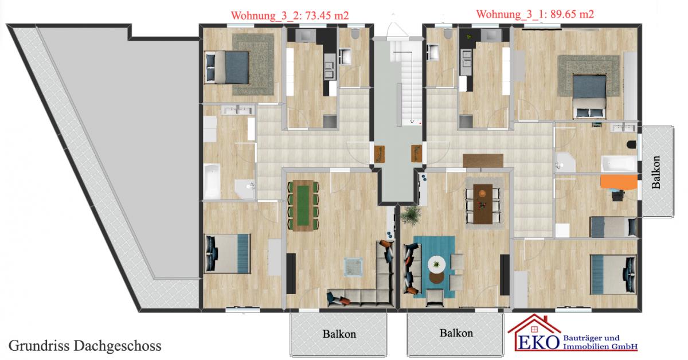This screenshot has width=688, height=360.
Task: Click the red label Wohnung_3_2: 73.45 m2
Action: coord(290,15)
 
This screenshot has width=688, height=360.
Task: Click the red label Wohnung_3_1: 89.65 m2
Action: coord(535,14)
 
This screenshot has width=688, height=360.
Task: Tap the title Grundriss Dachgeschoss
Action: coord(85,346)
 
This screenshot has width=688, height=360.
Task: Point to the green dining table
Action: coord(303,205)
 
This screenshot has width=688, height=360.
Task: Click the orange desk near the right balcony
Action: coord(619,182)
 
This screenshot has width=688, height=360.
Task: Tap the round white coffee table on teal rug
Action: coord(437,264)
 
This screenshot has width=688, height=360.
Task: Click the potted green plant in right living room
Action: coord(411,215)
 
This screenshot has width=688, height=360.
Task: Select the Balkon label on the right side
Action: coord(656,172)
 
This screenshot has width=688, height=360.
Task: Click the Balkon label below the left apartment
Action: coord(339,334)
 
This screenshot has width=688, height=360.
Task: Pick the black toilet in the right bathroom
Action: coord(632,144)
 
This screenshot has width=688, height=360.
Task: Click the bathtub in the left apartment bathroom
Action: coord(212,181)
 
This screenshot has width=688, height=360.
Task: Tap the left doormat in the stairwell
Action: coord(380,154)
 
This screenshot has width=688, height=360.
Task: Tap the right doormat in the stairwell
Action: coord(416,153)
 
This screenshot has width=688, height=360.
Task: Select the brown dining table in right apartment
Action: coord(483,204)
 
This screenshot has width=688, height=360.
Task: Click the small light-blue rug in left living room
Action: coord(353,267)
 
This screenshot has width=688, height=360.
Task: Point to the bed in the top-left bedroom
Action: coord(227,67)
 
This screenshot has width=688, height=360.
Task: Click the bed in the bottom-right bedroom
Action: coord(613,275)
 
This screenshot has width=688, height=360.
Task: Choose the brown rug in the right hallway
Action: coord(483,161)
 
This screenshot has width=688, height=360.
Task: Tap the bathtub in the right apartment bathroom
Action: coord(619,164)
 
